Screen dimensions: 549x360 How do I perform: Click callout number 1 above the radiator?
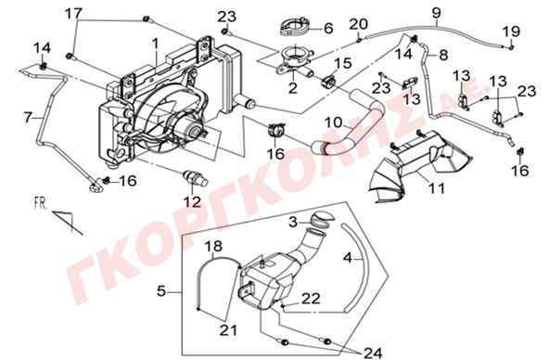point(155,44)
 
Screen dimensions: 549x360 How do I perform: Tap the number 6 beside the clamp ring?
point(328,29)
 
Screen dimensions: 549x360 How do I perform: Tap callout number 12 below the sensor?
point(193,202)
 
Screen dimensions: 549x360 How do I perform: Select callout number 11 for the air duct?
point(437,188)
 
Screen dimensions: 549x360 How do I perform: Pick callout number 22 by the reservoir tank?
point(312,299)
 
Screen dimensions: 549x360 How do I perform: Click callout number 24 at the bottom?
point(373,353)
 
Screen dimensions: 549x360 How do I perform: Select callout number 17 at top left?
point(73,14)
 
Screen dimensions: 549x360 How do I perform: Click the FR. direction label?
point(41,203)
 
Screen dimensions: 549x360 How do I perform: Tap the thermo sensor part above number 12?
point(196,177)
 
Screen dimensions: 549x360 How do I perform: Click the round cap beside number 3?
point(322,216)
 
